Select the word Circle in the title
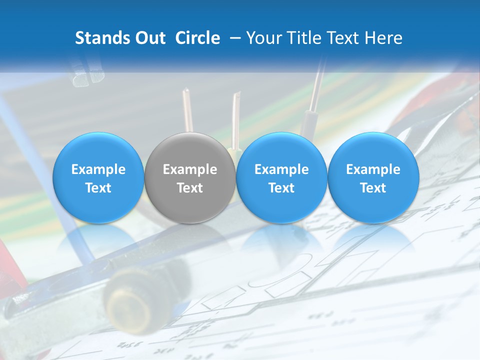(x=197, y=38)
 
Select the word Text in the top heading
(x=345, y=38)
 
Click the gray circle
(x=190, y=178)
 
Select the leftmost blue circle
(x=98, y=178)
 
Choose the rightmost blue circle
(x=373, y=178)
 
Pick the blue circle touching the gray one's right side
(x=281, y=178)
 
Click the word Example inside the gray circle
(x=190, y=169)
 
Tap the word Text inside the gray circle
(x=190, y=188)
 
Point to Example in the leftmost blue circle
(x=98, y=169)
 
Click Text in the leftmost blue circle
(x=98, y=188)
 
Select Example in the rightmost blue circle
(x=373, y=169)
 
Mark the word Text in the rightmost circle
(x=373, y=188)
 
